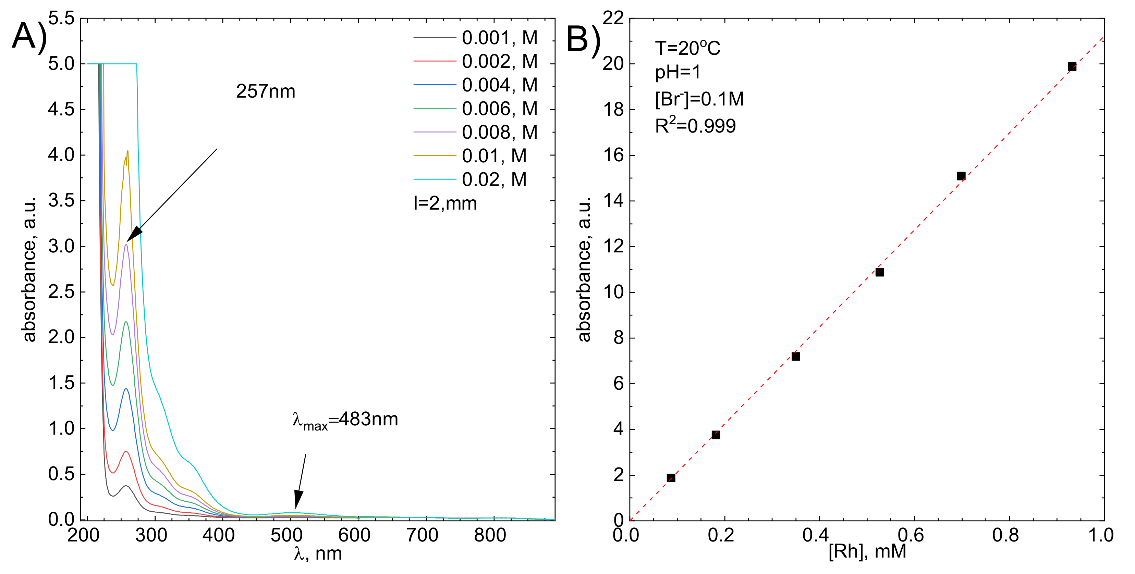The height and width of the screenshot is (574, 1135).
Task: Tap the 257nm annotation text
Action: pyautogui.click(x=266, y=91)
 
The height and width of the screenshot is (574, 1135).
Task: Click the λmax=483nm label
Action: pyautogui.click(x=345, y=420)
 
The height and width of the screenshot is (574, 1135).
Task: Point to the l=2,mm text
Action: pyautogui.click(x=445, y=203)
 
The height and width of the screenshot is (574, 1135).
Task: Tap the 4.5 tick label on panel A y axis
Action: pyautogui.click(x=61, y=109)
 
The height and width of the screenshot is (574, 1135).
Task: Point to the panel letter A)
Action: pyautogui.click(x=29, y=36)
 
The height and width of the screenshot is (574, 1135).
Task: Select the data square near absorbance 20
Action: pyautogui.click(x=1072, y=67)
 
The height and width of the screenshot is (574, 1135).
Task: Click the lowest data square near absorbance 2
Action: pyautogui.click(x=671, y=478)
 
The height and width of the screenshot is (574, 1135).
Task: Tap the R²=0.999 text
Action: pyautogui.click(x=695, y=126)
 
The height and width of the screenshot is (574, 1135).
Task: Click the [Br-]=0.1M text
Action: pyautogui.click(x=699, y=99)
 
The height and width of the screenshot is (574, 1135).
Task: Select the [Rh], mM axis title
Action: pyautogui.click(x=867, y=551)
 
